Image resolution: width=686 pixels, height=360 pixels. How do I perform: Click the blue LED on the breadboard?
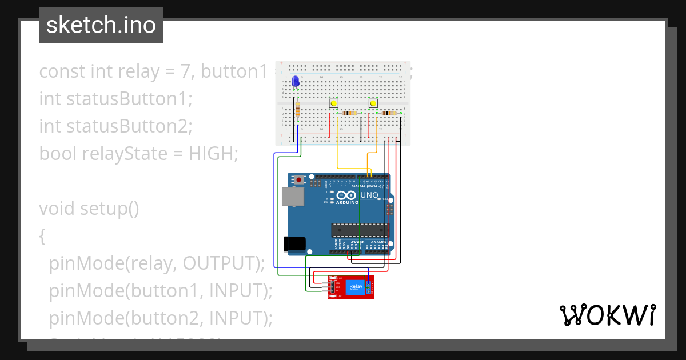point(296,82)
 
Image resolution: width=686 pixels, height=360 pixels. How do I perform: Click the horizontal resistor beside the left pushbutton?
point(349,113)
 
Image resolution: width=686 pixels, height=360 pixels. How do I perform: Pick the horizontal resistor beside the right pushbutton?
point(389,113)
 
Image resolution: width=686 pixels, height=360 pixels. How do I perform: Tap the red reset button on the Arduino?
point(298,180)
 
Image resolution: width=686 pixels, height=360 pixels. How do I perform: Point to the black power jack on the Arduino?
point(294,244)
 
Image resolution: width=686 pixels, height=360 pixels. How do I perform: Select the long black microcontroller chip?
point(359,230)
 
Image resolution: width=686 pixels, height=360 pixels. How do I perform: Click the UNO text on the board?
point(369,195)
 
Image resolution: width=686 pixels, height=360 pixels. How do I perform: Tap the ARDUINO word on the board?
point(347,202)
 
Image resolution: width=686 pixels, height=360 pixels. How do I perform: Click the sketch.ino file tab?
point(101,25)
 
